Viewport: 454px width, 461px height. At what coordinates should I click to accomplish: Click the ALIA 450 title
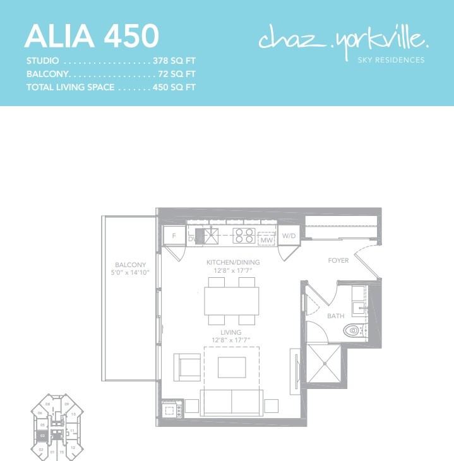click(91, 36)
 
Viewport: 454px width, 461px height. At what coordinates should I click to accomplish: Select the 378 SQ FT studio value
click(174, 61)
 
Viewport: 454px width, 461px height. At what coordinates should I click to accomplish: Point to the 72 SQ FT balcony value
click(176, 74)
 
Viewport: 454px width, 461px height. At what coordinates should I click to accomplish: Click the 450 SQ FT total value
click(174, 87)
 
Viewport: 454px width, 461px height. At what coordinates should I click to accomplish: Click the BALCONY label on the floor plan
click(130, 265)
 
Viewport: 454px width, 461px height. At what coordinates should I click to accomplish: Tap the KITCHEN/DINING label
click(232, 262)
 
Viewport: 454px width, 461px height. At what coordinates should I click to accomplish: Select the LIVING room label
click(231, 332)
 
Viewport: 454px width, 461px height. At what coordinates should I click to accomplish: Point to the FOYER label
click(338, 260)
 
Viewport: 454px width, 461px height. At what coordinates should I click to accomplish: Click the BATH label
click(335, 316)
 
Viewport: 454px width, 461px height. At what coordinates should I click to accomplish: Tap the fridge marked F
click(173, 236)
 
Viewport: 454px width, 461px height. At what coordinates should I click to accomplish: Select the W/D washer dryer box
click(289, 236)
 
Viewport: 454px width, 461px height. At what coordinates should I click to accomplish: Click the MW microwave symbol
click(266, 239)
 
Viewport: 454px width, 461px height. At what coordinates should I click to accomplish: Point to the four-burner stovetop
click(244, 236)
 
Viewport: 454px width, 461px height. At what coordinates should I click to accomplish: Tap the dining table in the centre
click(231, 301)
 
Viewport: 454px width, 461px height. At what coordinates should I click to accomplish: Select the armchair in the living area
click(187, 366)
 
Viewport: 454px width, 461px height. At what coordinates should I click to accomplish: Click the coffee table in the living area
click(232, 367)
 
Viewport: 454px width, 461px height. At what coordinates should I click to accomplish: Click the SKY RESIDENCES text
click(391, 61)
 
